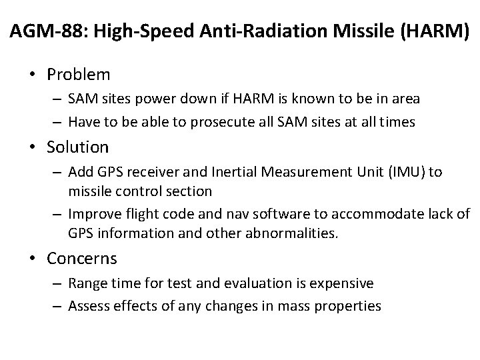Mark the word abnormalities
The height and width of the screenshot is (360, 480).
[291, 234]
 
